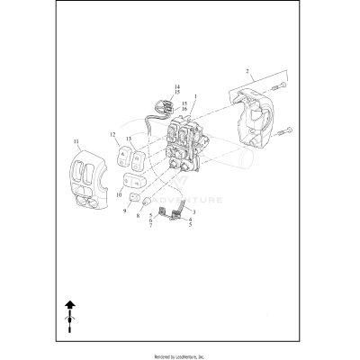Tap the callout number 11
[x=76, y=141]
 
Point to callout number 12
[x=113, y=134]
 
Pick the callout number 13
[x=128, y=139]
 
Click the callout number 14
[x=176, y=86]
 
